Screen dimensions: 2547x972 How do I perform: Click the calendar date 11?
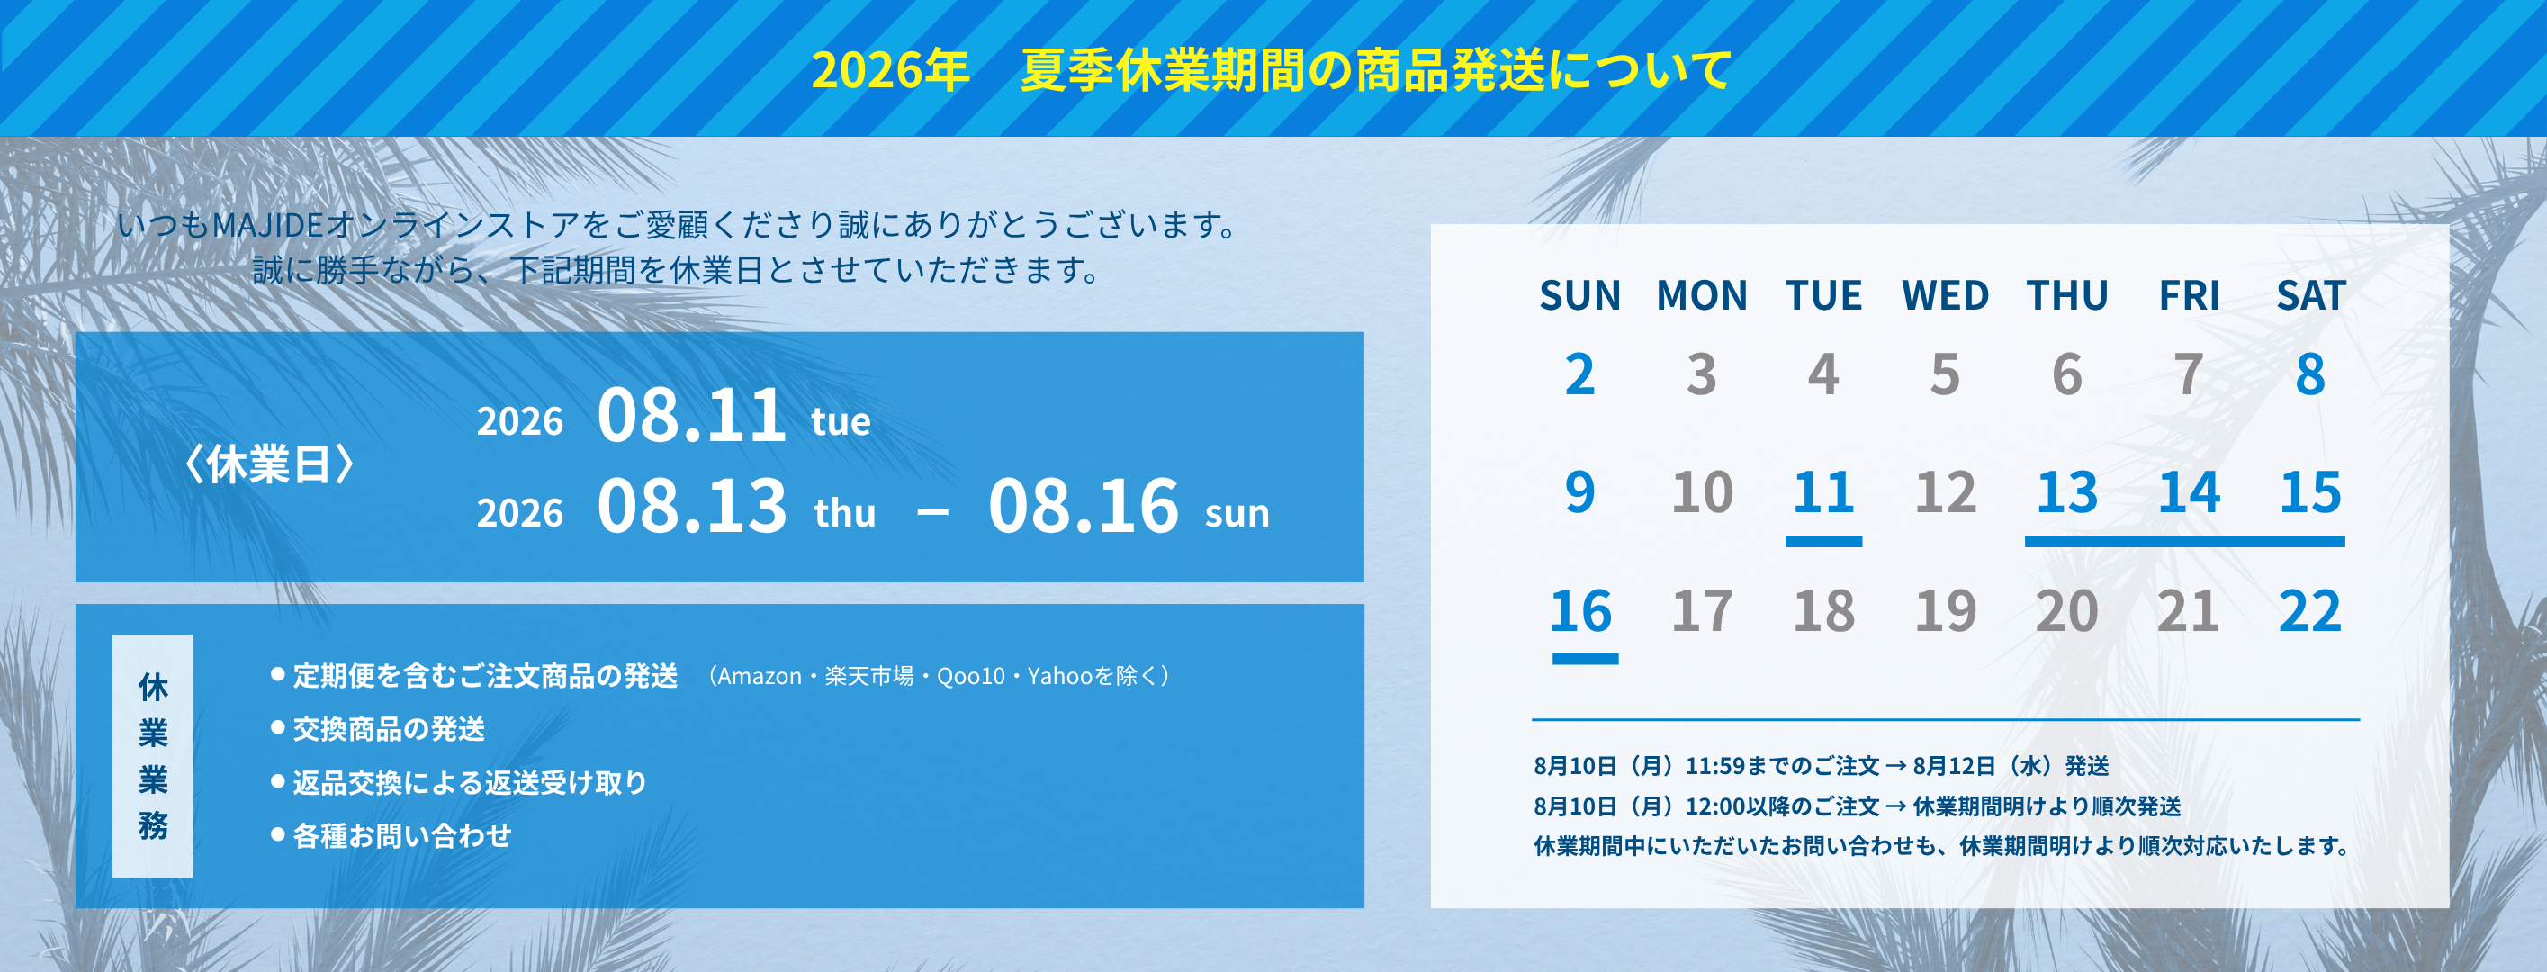1823,492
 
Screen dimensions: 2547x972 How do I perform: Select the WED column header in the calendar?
1945,296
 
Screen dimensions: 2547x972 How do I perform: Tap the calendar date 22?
2309,611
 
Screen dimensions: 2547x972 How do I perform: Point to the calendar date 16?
1581,611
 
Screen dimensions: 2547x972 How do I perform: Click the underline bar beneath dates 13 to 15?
2185,542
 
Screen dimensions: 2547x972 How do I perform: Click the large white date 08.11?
691,415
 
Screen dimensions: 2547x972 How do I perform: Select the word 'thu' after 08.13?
844,513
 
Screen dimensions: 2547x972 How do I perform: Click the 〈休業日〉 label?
269,463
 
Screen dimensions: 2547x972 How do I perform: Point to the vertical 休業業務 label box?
152,755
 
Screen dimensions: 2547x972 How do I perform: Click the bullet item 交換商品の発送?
389,729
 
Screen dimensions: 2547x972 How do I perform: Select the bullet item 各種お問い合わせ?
402,835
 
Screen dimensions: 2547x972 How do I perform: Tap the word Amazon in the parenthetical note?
760,676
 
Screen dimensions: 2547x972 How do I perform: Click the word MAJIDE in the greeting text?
268,225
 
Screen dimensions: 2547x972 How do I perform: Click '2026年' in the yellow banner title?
890,70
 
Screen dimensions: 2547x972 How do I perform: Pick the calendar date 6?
2066,374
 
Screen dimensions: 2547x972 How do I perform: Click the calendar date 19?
1945,611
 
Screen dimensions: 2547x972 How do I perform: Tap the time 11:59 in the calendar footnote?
1715,766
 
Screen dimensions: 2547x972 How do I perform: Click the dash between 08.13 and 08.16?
932,512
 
